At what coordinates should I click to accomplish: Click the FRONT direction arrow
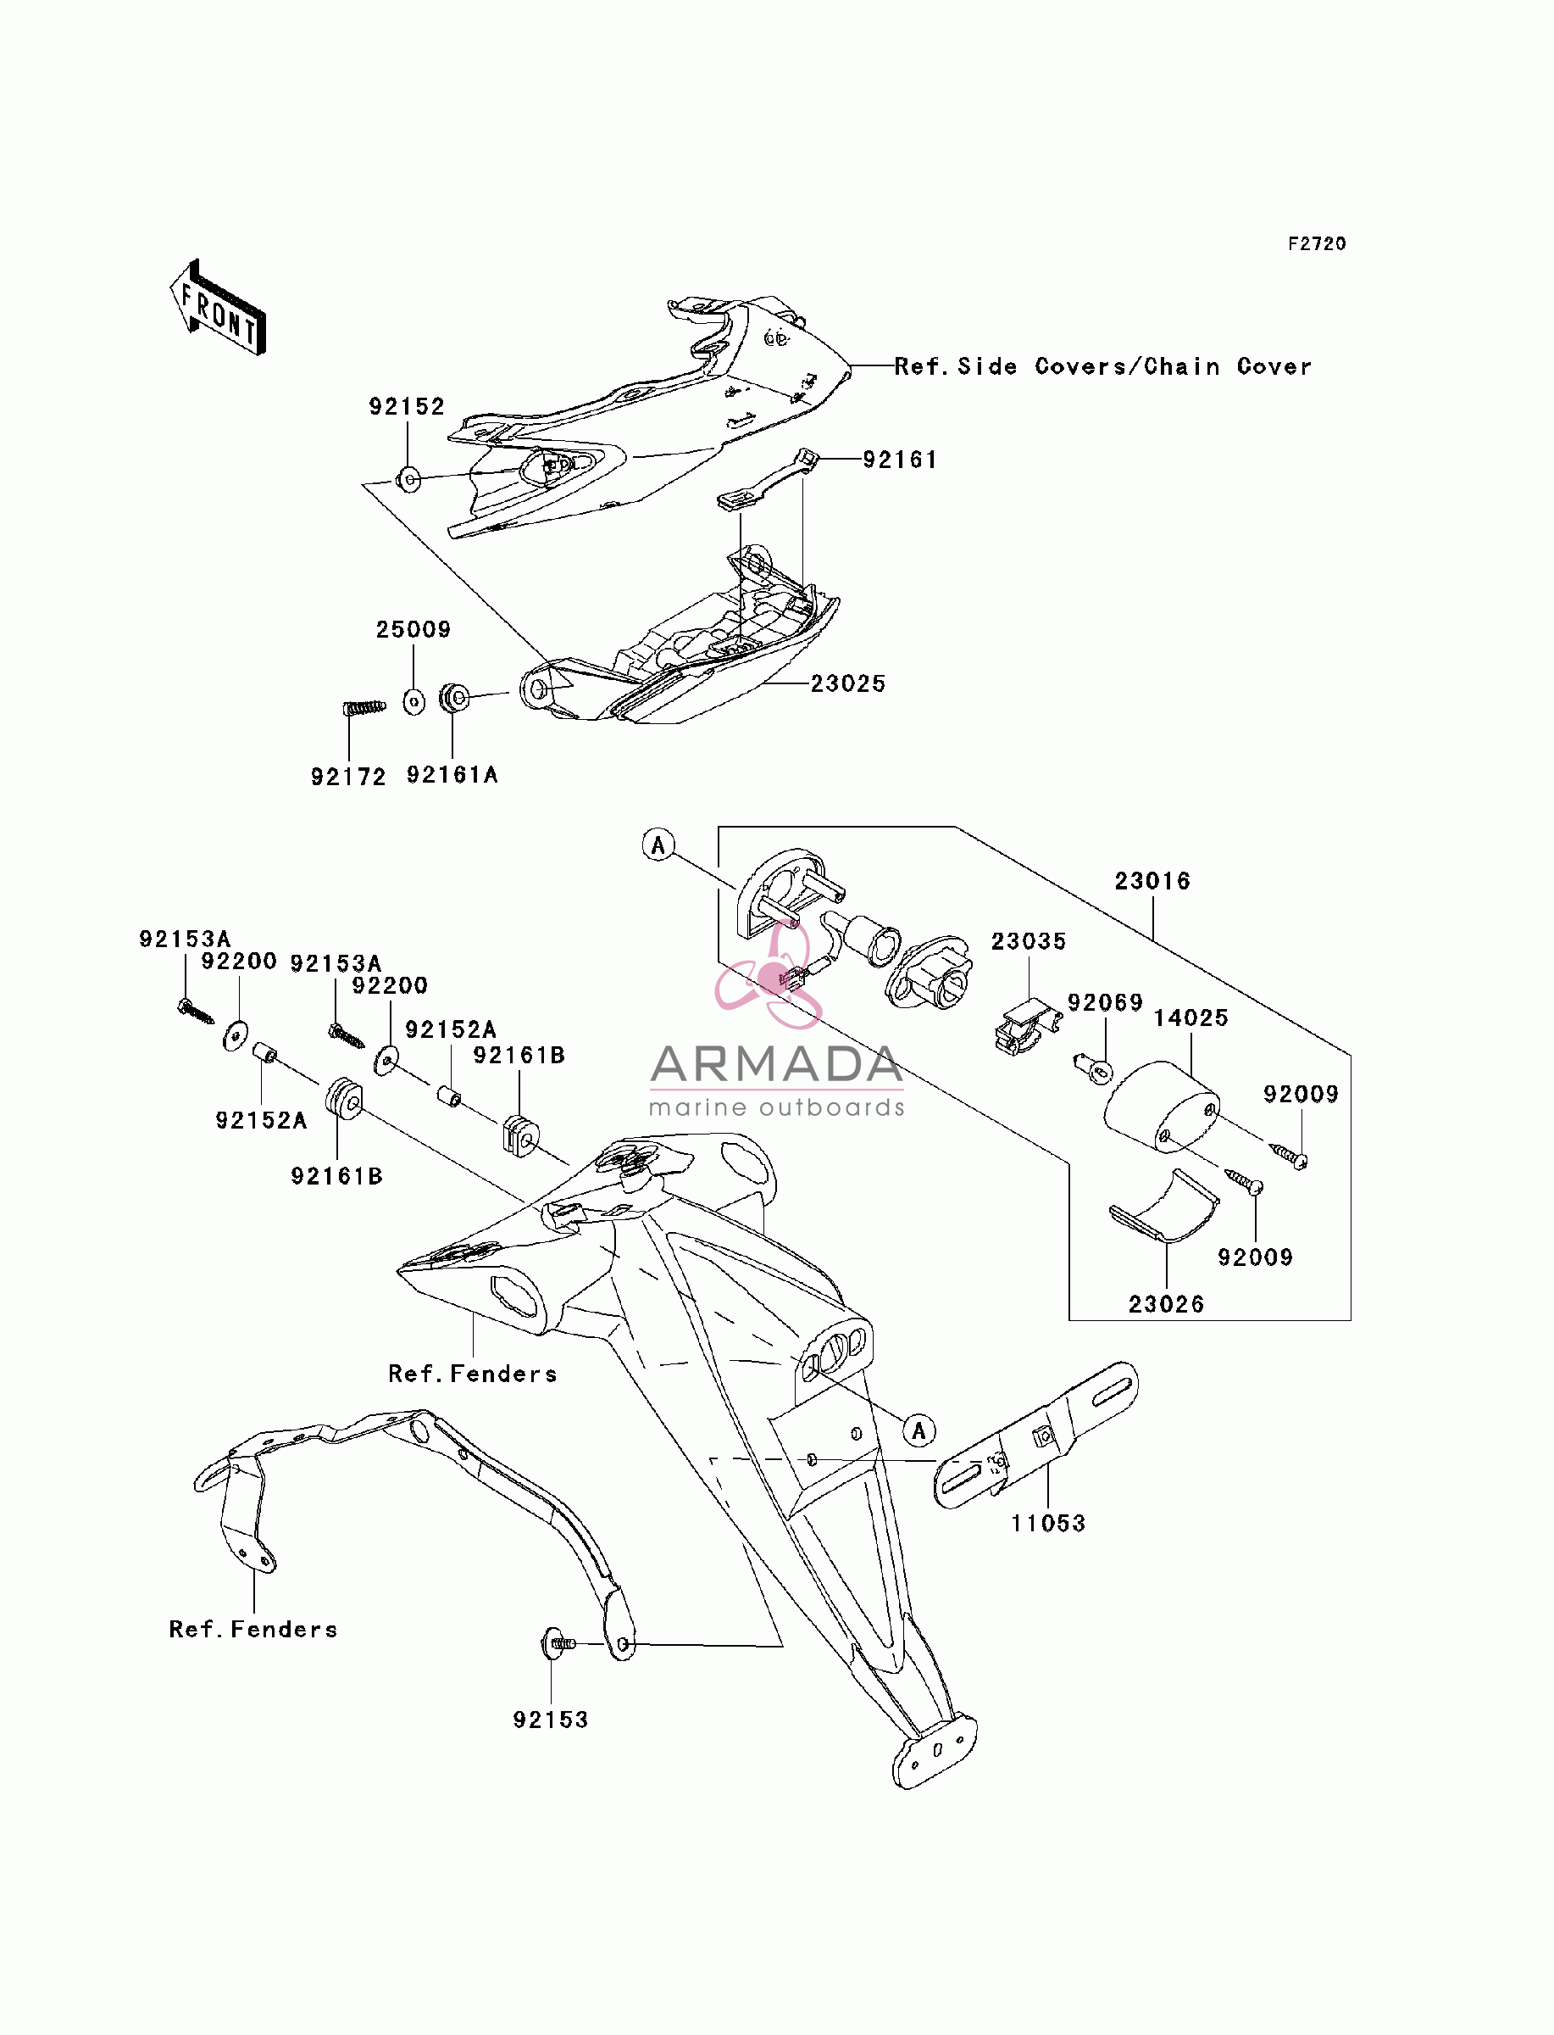[x=219, y=308]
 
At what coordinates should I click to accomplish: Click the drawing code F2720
[x=1318, y=243]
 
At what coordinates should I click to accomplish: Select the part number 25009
[x=413, y=629]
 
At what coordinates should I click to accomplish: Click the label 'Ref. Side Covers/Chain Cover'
[x=1102, y=366]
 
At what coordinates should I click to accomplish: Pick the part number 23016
[x=1152, y=880]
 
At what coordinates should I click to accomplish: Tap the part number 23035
[x=1029, y=941]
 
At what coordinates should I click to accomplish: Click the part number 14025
[x=1190, y=1018]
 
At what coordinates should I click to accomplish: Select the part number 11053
[x=1048, y=1523]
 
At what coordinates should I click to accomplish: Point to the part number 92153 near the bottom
[x=551, y=1720]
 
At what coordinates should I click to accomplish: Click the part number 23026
[x=1167, y=1304]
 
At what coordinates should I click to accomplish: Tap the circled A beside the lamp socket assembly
[x=658, y=845]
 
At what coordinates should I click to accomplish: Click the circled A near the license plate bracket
[x=919, y=1430]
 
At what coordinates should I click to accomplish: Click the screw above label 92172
[x=364, y=708]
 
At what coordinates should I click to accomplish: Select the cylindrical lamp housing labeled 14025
[x=1162, y=1107]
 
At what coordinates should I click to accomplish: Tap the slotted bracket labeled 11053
[x=1036, y=1436]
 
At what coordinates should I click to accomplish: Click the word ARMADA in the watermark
[x=776, y=1065]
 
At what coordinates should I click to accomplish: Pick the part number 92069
[x=1106, y=1002]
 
